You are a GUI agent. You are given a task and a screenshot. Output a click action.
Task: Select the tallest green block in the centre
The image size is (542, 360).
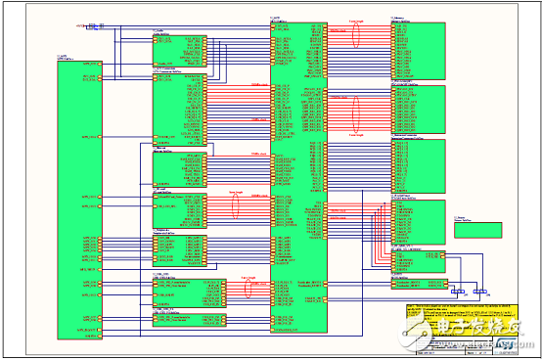(x=298, y=176)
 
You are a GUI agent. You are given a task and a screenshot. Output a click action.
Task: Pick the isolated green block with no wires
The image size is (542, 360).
(x=476, y=229)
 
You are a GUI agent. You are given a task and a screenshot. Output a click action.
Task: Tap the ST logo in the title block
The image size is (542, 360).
(x=505, y=344)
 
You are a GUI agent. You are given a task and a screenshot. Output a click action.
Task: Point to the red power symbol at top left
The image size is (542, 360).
(x=78, y=27)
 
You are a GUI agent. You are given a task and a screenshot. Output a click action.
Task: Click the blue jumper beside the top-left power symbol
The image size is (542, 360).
(x=95, y=28)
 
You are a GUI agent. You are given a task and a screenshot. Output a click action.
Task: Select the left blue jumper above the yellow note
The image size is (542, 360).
(x=458, y=291)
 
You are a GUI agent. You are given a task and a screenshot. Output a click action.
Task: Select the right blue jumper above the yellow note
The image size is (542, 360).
(x=480, y=291)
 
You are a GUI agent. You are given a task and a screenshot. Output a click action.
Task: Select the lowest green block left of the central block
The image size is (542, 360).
(x=189, y=319)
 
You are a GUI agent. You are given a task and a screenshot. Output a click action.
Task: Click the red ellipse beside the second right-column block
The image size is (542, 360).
(x=356, y=106)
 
